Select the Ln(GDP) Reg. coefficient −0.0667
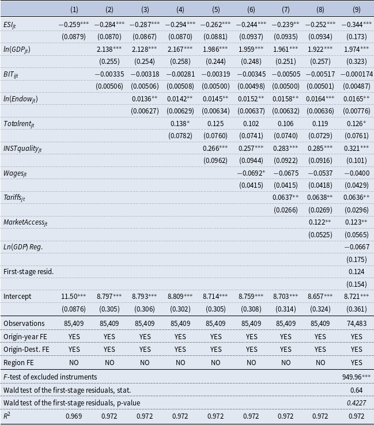pyautogui.click(x=356, y=246)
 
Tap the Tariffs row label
pyautogui.click(x=16, y=197)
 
